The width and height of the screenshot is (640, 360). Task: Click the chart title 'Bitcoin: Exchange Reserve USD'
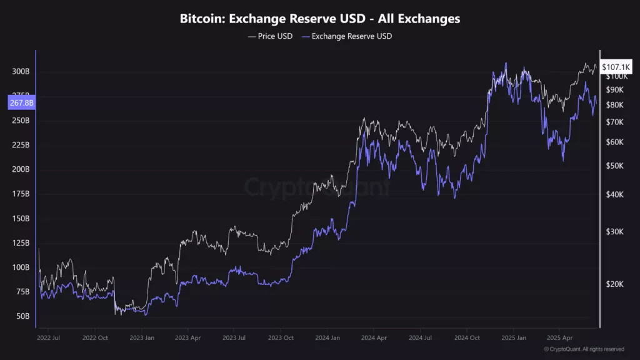tap(320, 19)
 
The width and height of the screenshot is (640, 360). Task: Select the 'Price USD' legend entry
tap(270, 36)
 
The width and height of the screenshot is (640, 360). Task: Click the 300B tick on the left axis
tap(21, 71)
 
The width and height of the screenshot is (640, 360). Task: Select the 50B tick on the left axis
tap(22, 316)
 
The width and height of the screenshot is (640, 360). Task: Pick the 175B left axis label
tap(21, 194)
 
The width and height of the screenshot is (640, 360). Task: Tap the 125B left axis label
tap(21, 243)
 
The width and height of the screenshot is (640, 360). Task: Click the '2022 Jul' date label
tap(48, 337)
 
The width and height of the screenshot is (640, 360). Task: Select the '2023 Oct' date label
tap(280, 337)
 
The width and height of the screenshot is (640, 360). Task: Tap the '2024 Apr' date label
tap(372, 337)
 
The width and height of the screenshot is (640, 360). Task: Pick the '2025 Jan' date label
tap(512, 337)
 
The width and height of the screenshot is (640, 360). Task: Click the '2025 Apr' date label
tap(559, 337)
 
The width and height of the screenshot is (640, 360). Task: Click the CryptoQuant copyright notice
tap(584, 349)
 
